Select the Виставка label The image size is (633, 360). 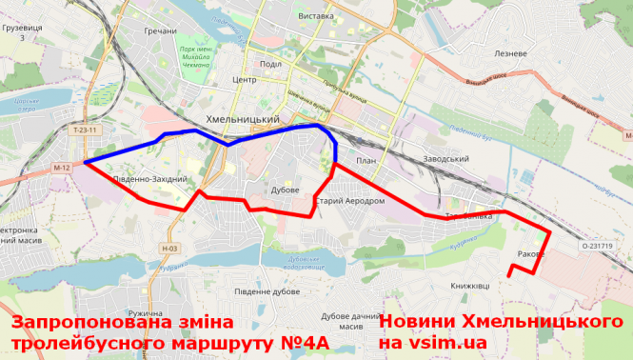pos(315,17)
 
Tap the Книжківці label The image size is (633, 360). pos(469,286)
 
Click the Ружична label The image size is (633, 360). pos(146,313)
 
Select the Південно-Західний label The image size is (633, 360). pos(149,179)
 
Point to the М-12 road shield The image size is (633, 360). pos(63,168)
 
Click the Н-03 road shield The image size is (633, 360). pos(169,249)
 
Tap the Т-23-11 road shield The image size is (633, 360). pos(85,129)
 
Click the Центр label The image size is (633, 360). pos(245,80)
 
